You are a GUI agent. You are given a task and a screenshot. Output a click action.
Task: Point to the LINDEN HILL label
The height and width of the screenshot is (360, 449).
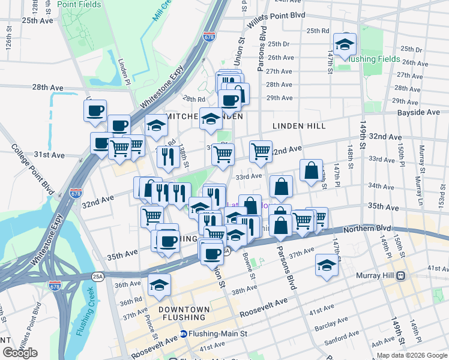(x=299, y=126)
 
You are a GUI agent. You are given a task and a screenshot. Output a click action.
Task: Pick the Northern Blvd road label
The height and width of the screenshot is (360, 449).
(x=369, y=228)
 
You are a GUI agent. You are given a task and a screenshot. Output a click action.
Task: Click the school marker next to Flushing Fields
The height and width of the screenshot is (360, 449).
(x=345, y=44)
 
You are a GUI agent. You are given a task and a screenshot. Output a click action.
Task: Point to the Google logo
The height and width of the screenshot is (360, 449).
(x=20, y=353)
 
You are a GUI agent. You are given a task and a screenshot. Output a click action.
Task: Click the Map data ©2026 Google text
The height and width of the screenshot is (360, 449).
(x=412, y=356)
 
